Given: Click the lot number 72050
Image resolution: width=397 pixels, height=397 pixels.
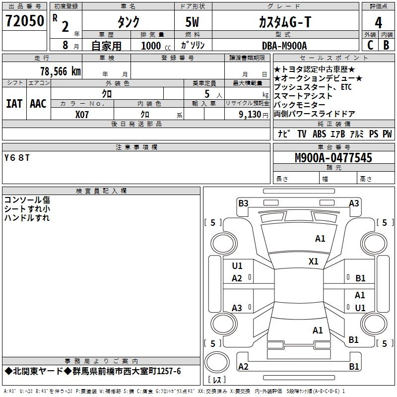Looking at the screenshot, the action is pyautogui.click(x=24, y=21).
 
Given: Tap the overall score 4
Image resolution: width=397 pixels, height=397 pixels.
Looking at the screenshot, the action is pyautogui.click(x=378, y=23).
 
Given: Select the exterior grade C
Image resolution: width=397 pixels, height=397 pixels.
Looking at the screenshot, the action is pyautogui.click(x=370, y=45).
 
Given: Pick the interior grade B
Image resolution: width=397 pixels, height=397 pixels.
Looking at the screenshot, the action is pyautogui.click(x=386, y=45).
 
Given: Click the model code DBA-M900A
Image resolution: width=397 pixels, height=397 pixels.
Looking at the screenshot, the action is pyautogui.click(x=284, y=46).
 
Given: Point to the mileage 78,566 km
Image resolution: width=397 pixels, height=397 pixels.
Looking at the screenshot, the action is pyautogui.click(x=61, y=71).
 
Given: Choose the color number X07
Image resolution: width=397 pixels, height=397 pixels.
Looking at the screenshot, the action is pyautogui.click(x=82, y=115).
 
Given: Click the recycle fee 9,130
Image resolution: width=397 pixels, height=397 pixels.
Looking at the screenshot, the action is pyautogui.click(x=250, y=115).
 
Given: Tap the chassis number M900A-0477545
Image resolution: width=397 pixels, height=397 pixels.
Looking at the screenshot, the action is pyautogui.click(x=333, y=158).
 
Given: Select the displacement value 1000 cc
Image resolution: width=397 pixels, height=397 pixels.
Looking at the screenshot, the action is pyautogui.click(x=156, y=46).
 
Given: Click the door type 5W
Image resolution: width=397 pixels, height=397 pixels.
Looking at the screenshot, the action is pyautogui.click(x=192, y=22).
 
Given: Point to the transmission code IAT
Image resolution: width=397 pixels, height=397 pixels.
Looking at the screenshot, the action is pyautogui.click(x=14, y=104).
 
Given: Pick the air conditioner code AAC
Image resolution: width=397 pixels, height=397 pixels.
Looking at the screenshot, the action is pyautogui.click(x=38, y=104).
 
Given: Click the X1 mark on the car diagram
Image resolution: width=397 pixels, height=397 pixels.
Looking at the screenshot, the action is pyautogui.click(x=313, y=262).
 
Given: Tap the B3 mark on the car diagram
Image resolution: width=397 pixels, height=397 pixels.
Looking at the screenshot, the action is pyautogui.click(x=243, y=203).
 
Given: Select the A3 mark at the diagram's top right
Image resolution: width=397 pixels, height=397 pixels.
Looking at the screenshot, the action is pyautogui.click(x=354, y=203).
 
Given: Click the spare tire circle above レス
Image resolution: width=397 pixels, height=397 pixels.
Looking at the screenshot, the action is pyautogui.click(x=217, y=362).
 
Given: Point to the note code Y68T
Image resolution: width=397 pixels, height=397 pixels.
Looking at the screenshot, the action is pyautogui.click(x=17, y=158).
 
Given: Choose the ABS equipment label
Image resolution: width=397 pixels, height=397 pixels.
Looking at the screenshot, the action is pyautogui.click(x=319, y=133).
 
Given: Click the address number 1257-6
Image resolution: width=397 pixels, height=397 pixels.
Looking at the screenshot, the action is pyautogui.click(x=169, y=371).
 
